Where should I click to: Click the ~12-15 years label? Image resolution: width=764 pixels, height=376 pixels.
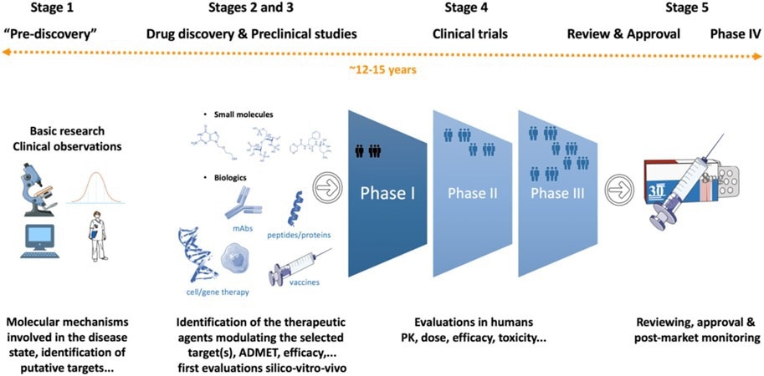pos(382,70)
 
